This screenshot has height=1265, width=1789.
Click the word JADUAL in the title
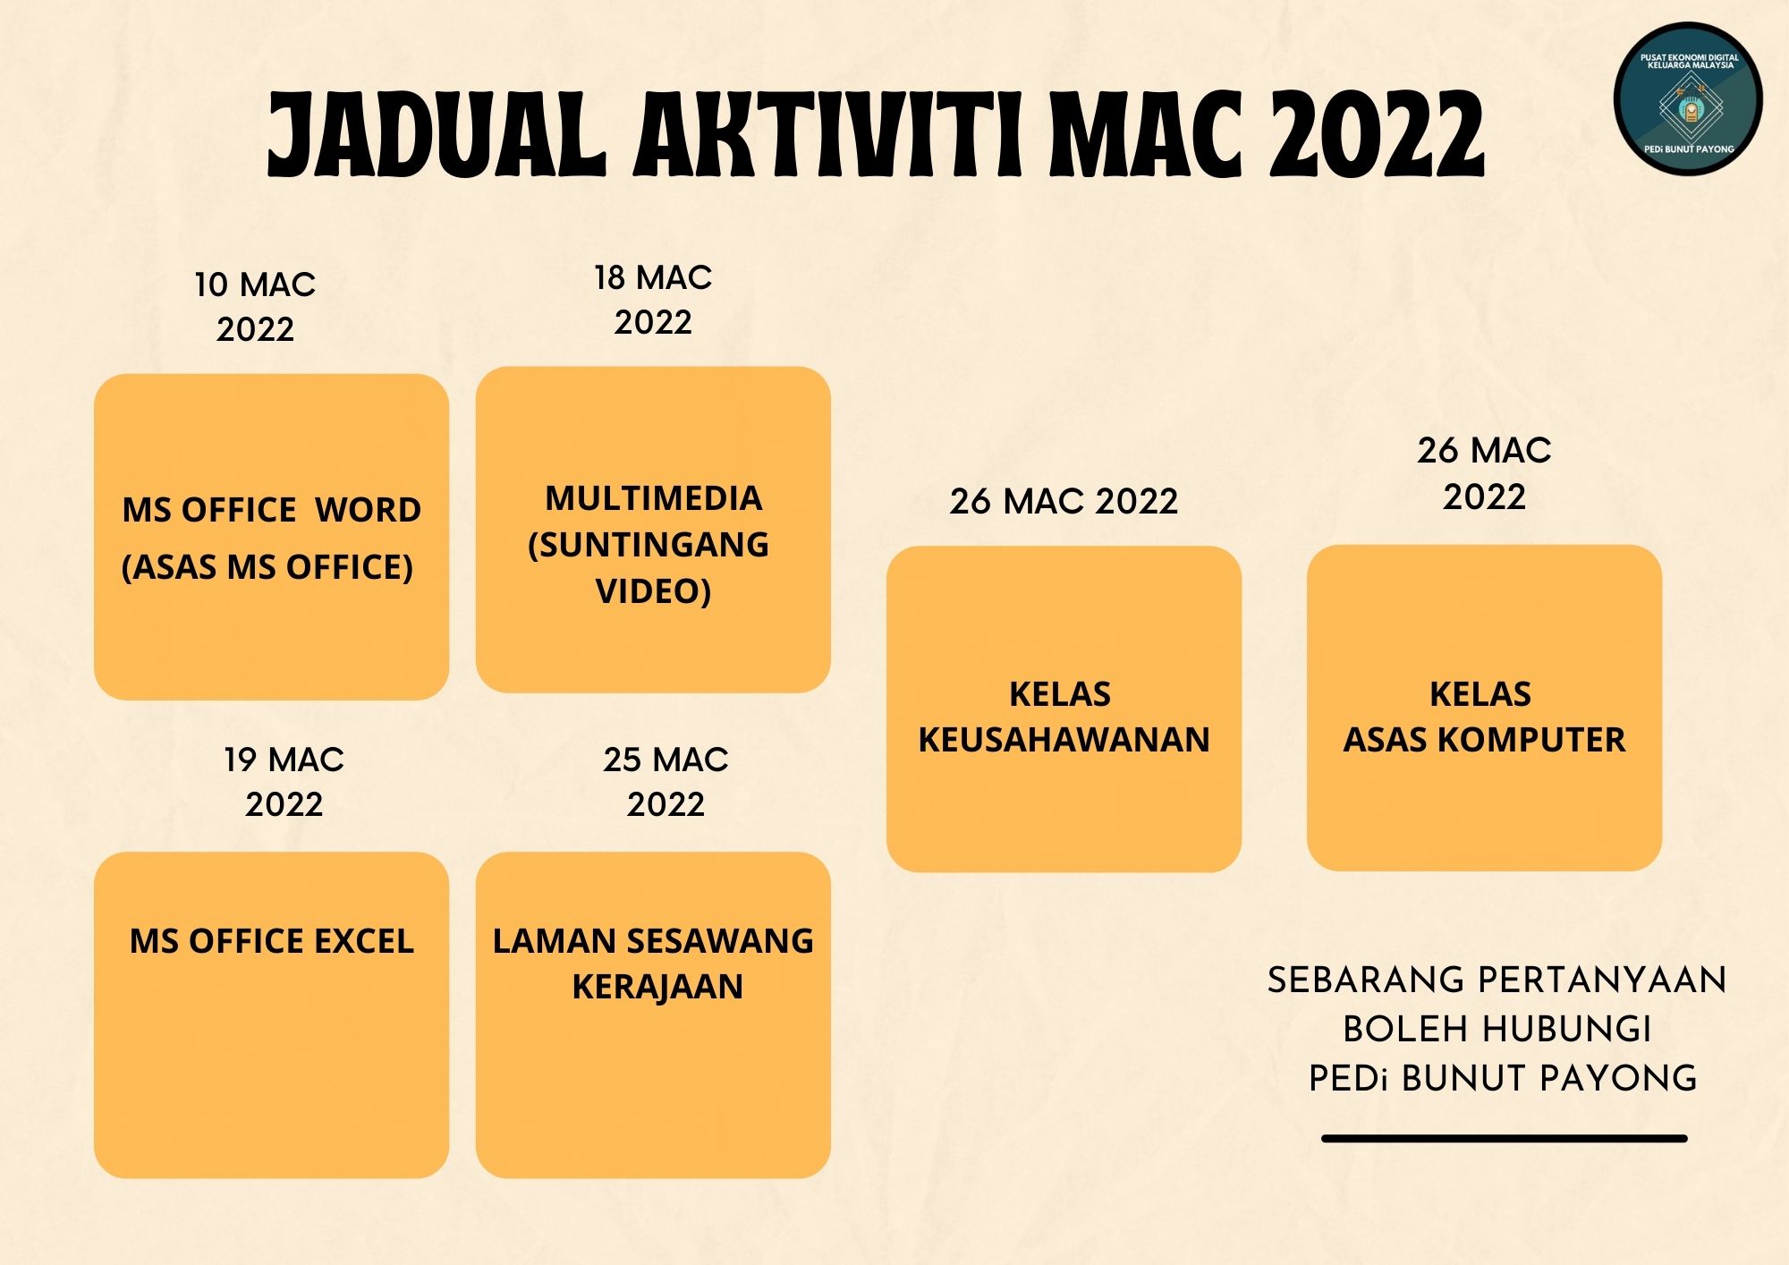(437, 134)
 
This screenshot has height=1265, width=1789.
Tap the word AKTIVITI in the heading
(827, 134)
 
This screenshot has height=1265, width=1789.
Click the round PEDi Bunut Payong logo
(1688, 98)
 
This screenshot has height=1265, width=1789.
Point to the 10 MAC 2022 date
(255, 307)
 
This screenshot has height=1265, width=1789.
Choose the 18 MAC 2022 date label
(653, 300)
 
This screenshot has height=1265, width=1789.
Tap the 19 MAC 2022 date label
(284, 782)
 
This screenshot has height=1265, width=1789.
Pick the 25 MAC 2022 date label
(666, 782)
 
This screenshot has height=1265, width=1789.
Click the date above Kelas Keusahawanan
(1064, 501)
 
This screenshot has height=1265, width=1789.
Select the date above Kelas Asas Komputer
(1484, 473)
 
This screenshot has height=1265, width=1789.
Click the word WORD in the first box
(368, 510)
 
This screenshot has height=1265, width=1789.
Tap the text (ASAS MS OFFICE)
(267, 567)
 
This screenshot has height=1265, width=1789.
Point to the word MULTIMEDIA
(654, 498)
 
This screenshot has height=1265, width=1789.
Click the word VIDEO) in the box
(653, 591)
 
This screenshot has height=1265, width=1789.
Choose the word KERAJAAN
(657, 987)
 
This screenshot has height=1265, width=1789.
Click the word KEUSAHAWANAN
(1064, 740)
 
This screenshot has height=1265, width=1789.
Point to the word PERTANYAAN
(1600, 981)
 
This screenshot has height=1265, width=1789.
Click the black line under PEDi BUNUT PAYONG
(1505, 1139)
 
